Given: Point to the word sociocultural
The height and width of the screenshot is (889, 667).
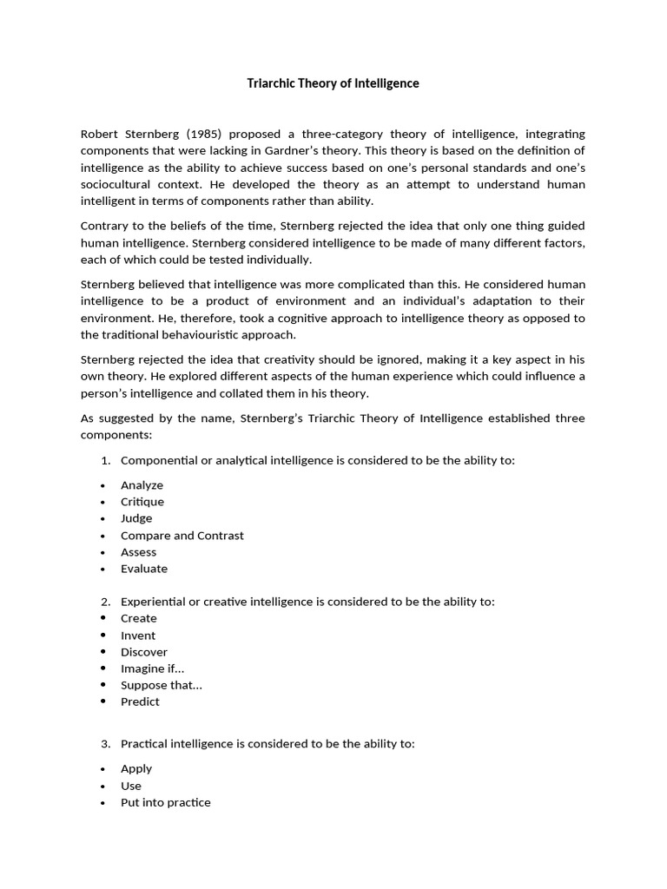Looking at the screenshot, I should click(115, 184).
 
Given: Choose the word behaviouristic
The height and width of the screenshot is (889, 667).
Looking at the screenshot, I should click(199, 334).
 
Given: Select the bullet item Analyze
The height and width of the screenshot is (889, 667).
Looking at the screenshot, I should click(142, 485).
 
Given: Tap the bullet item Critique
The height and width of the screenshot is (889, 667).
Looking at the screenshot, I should click(142, 502).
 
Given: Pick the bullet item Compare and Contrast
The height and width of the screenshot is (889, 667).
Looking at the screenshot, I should click(182, 536).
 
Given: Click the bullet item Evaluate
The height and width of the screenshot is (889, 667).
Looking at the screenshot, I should click(144, 569).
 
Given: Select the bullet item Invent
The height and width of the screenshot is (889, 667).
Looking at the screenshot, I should click(138, 635).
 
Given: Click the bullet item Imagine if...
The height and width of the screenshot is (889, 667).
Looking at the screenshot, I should click(152, 668).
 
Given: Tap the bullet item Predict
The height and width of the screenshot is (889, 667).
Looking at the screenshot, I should click(140, 701).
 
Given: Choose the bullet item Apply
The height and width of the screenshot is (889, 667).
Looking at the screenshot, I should click(136, 768).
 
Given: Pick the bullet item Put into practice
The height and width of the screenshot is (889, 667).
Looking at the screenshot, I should click(165, 802).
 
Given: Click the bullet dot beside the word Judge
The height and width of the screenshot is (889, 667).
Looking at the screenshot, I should click(102, 519).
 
